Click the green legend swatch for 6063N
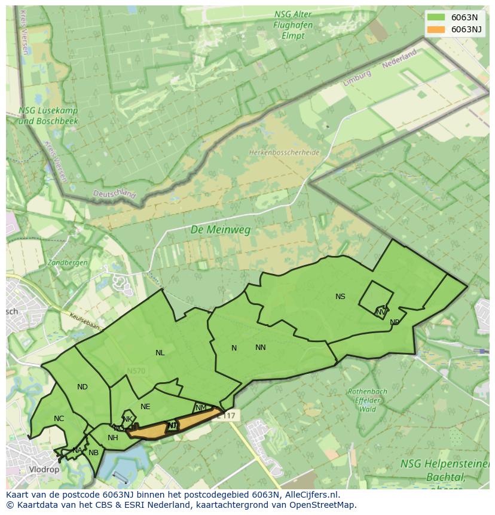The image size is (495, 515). (x=436, y=17)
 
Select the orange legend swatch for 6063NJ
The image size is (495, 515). (x=436, y=29)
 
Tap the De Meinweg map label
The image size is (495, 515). (x=221, y=230)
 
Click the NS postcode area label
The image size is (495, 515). (x=340, y=297)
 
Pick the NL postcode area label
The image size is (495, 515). (x=160, y=353)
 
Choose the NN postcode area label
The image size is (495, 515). (x=260, y=348)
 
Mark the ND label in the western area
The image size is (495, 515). (x=82, y=387)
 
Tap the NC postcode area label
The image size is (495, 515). (x=59, y=419)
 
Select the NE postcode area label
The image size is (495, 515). (x=145, y=407)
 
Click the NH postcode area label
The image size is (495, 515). (x=113, y=438)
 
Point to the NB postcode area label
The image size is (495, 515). (x=93, y=453)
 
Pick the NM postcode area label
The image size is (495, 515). (x=201, y=408)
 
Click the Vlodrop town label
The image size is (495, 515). (x=44, y=470)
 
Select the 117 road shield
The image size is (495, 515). (x=230, y=415)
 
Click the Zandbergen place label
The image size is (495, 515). (x=68, y=263)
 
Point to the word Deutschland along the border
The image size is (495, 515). (x=114, y=194)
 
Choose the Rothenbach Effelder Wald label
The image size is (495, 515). (x=367, y=401)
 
